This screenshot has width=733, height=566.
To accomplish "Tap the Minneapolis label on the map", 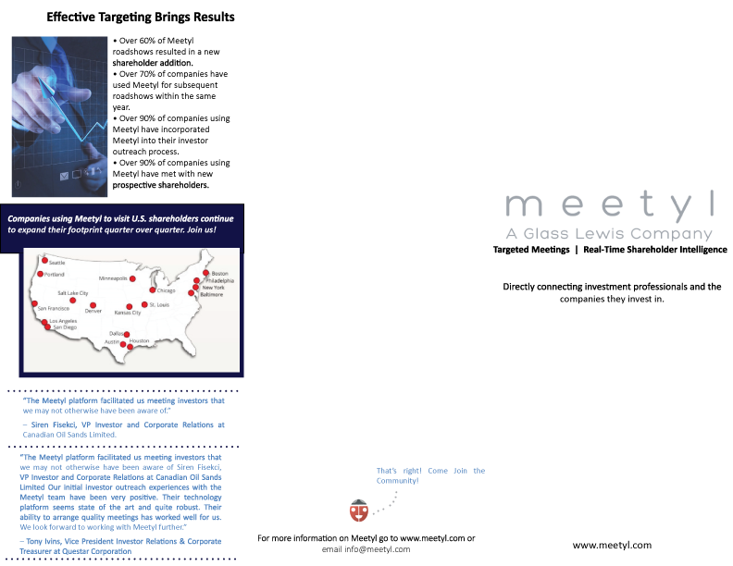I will (x=114, y=278).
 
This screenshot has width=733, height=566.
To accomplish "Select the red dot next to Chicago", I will (x=152, y=290).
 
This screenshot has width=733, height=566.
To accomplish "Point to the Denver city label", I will (x=93, y=311).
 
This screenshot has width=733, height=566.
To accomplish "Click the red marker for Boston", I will (x=205, y=273).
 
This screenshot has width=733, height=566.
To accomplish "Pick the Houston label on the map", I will (x=139, y=341).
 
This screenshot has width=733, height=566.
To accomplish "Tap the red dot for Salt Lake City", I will (x=73, y=301).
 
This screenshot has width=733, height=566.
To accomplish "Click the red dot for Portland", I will (x=41, y=275).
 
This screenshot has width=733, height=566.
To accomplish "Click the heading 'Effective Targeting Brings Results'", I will (x=141, y=18).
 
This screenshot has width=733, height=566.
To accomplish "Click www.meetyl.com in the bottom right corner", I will (x=612, y=546).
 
